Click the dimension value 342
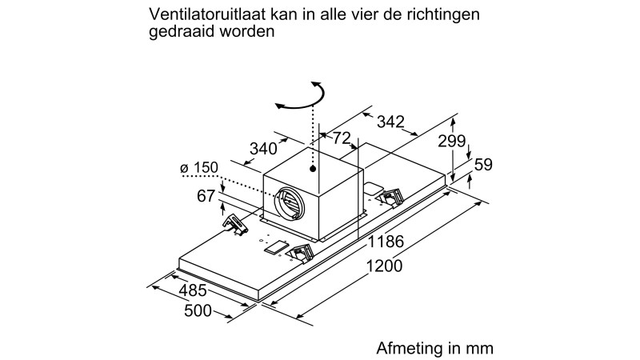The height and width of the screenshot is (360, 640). point(390,122)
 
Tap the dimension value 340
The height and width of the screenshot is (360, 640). point(263,149)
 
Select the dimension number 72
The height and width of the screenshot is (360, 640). point(342,138)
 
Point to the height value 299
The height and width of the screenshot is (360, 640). point(452,142)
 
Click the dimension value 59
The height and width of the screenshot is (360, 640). point(483,165)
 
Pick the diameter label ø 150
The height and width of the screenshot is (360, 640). point(199,167)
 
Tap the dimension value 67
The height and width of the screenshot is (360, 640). point(206,196)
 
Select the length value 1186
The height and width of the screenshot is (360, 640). point(386,242)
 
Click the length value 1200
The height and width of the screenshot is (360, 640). point(384,266)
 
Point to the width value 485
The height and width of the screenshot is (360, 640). point(193,290)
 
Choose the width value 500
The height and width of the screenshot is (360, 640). point(198,311)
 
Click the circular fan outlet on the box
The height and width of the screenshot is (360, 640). point(290,202)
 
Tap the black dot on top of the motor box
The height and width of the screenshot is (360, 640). point(313,169)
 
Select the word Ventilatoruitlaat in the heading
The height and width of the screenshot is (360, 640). point(207,14)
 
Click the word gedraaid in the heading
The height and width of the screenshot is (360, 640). point(182,31)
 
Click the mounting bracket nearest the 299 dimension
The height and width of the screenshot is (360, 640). point(390,197)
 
